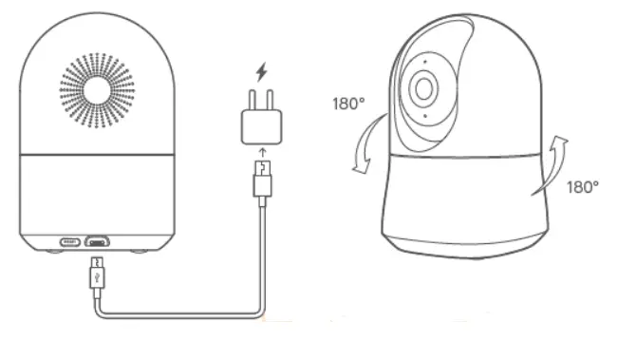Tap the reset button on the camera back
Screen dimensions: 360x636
[70, 241]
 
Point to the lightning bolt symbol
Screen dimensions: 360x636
[261, 71]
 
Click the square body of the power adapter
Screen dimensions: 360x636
[261, 123]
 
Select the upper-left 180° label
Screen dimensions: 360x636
[348, 104]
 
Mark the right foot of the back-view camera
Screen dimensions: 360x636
[142, 251]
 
